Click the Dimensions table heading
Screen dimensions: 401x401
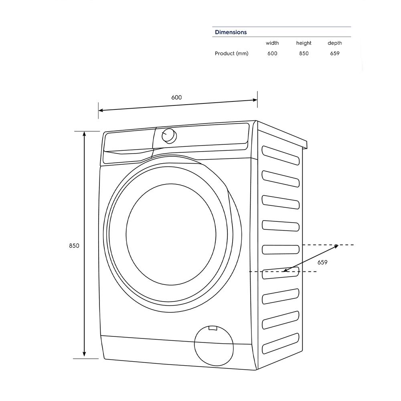(231, 32)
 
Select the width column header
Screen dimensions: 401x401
(272, 43)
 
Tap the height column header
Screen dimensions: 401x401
(304, 43)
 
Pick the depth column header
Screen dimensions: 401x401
(334, 43)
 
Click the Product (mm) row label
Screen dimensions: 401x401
(231, 53)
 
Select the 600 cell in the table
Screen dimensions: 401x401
(272, 53)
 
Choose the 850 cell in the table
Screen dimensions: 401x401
(304, 53)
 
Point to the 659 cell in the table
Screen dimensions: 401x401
(334, 53)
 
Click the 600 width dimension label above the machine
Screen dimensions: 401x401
(176, 97)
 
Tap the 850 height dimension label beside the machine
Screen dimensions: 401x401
(74, 246)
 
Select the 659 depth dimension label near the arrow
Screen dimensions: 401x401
(322, 262)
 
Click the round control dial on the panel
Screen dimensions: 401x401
(169, 136)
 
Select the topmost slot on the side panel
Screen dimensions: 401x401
(280, 155)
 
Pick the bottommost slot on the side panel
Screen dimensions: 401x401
(280, 343)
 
